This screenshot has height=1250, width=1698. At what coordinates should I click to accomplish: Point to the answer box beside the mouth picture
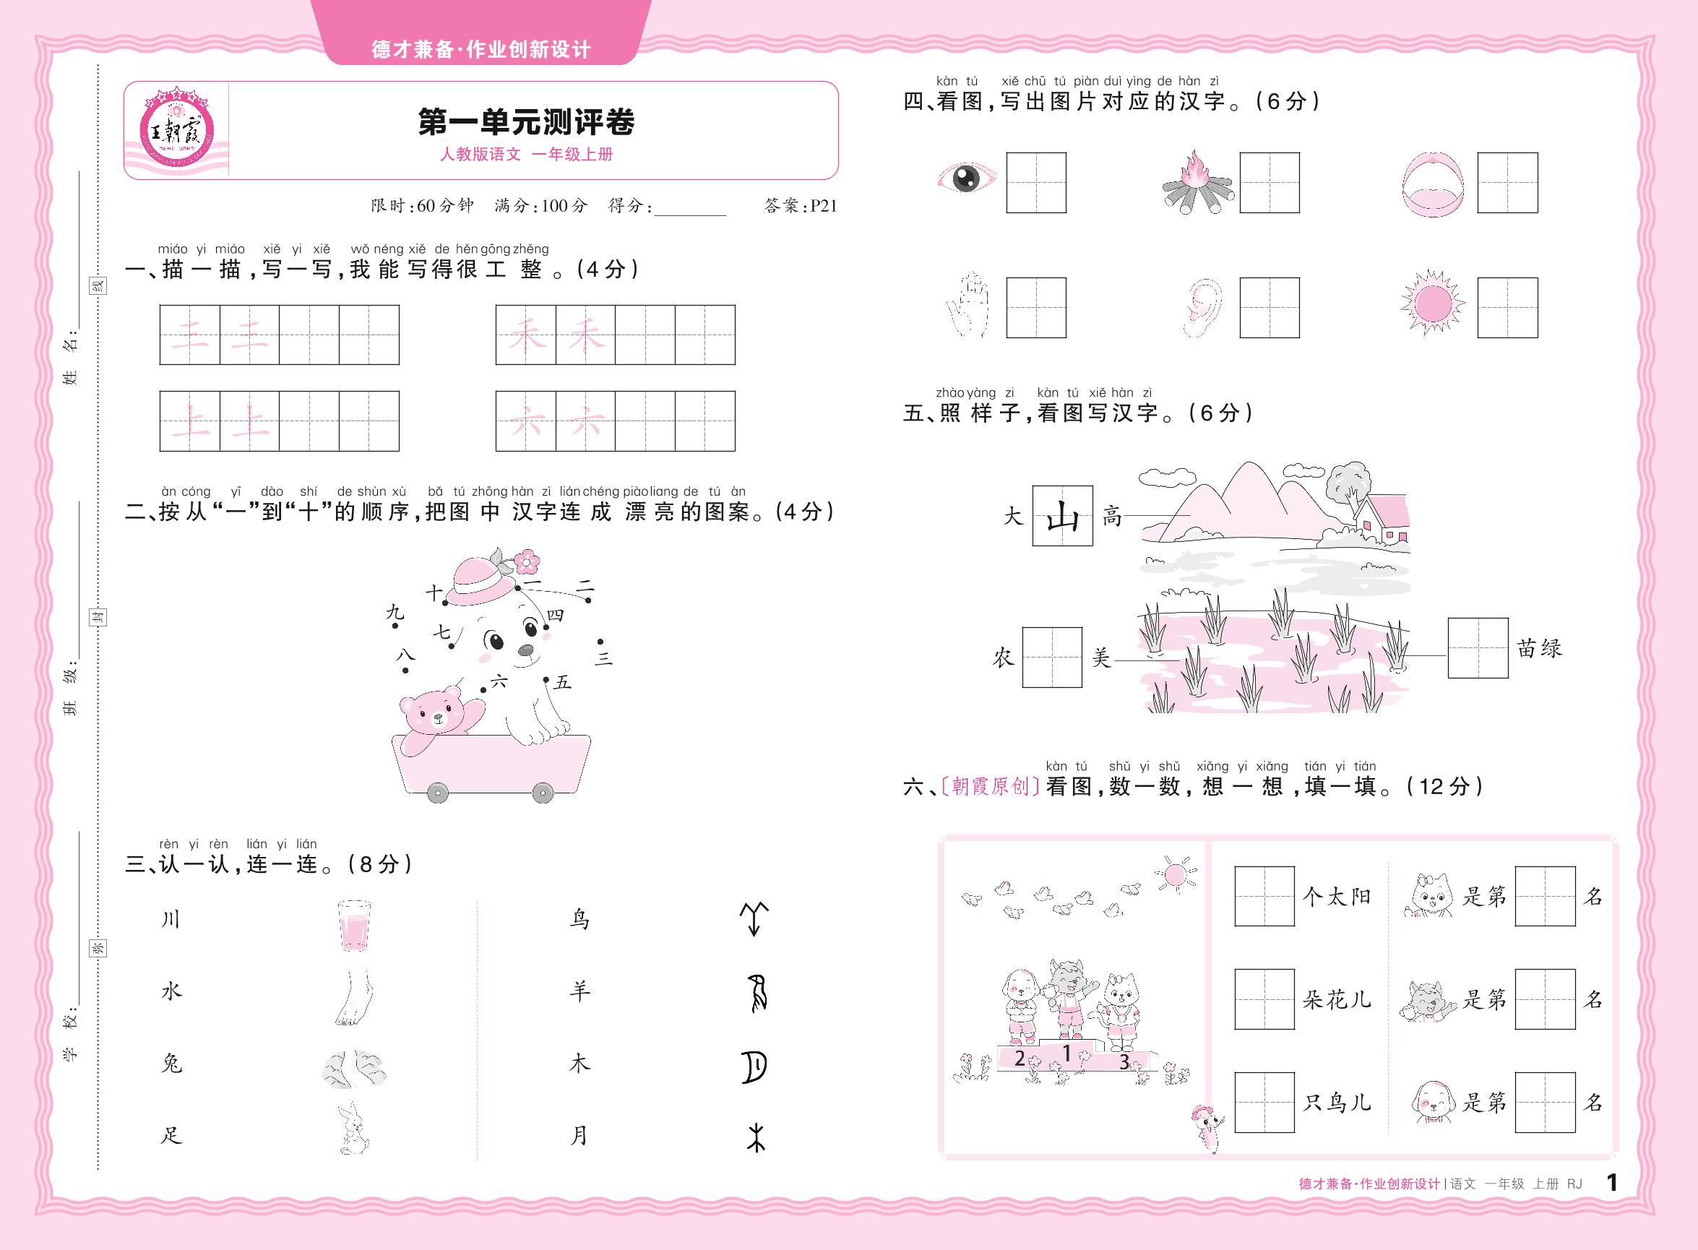1507,183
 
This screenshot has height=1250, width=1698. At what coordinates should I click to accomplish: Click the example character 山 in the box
1062,516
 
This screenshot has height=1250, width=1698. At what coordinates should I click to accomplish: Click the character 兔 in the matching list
173,1063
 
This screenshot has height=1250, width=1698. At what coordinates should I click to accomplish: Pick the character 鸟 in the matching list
579,919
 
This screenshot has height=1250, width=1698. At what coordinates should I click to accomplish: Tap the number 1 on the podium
1067,1053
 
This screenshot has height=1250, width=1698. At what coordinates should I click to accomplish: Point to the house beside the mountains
1380,520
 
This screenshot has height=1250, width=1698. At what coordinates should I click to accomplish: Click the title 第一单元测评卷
527,122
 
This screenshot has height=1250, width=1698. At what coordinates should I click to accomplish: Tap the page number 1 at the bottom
1611,1182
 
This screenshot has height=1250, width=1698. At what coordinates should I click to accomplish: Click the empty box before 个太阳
1264,897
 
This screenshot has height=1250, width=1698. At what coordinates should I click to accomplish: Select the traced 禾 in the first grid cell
526,335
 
